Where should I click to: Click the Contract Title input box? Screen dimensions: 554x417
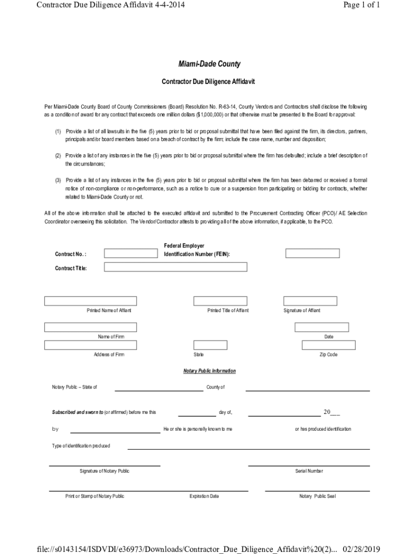tap(175, 267)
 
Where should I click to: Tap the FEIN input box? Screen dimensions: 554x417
tap(312, 253)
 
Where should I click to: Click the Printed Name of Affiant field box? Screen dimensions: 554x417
tap(90, 301)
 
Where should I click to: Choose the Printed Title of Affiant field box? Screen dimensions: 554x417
tap(220, 301)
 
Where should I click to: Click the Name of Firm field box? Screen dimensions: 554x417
tap(90, 327)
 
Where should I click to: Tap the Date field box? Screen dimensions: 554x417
tap(322, 327)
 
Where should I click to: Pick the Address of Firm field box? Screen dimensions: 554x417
tap(90, 345)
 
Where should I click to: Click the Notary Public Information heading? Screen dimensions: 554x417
tap(210, 371)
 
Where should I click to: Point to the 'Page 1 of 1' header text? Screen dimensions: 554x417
tap(362, 5)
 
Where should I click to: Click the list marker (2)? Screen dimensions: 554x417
tap(58, 156)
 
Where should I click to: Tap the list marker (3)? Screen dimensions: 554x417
tap(58, 180)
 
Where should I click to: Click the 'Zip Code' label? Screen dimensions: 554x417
tap(328, 355)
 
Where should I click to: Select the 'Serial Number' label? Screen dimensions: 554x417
tap(309, 471)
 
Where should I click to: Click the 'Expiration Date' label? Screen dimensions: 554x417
tap(204, 496)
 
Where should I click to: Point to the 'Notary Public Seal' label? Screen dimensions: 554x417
tap(317, 496)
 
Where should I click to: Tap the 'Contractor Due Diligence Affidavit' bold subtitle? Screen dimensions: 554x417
tap(208, 82)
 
